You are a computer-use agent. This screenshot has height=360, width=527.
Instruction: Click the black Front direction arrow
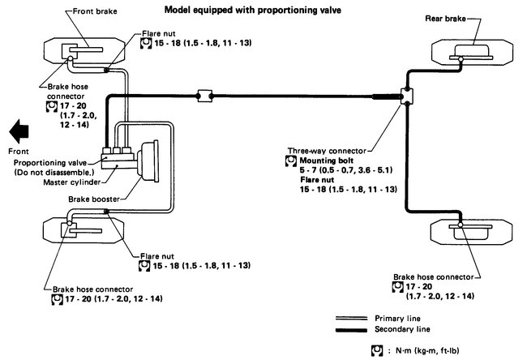(19, 131)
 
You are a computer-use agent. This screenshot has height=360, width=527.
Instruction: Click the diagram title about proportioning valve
(253, 10)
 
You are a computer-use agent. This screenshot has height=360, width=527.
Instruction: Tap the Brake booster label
(94, 199)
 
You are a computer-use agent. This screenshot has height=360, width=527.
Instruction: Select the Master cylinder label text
(72, 182)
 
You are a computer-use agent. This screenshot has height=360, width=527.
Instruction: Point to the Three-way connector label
(327, 151)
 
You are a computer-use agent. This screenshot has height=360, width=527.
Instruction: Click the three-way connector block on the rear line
(407, 96)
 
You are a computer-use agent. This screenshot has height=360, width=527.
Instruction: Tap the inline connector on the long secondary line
(204, 96)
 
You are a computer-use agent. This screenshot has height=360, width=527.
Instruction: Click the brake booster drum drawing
(149, 161)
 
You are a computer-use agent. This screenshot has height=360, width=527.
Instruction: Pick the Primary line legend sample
(351, 318)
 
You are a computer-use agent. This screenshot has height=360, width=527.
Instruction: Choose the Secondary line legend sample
(351, 330)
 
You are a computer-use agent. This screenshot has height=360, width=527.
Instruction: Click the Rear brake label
(445, 19)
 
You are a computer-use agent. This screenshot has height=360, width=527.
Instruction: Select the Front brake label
(95, 11)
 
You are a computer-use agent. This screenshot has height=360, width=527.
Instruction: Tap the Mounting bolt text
(327, 161)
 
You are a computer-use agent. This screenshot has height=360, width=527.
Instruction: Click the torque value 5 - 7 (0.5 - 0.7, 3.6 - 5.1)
(346, 170)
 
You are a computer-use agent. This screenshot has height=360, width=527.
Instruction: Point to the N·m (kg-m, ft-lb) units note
(427, 350)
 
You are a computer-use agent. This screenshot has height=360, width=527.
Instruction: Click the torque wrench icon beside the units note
(377, 350)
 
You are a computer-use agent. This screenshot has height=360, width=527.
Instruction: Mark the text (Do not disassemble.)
(54, 173)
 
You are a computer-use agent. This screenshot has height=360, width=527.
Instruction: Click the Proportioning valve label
(50, 163)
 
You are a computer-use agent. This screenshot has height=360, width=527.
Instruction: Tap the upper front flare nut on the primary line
(106, 70)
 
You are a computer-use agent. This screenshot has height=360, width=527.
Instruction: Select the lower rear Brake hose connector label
(433, 277)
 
